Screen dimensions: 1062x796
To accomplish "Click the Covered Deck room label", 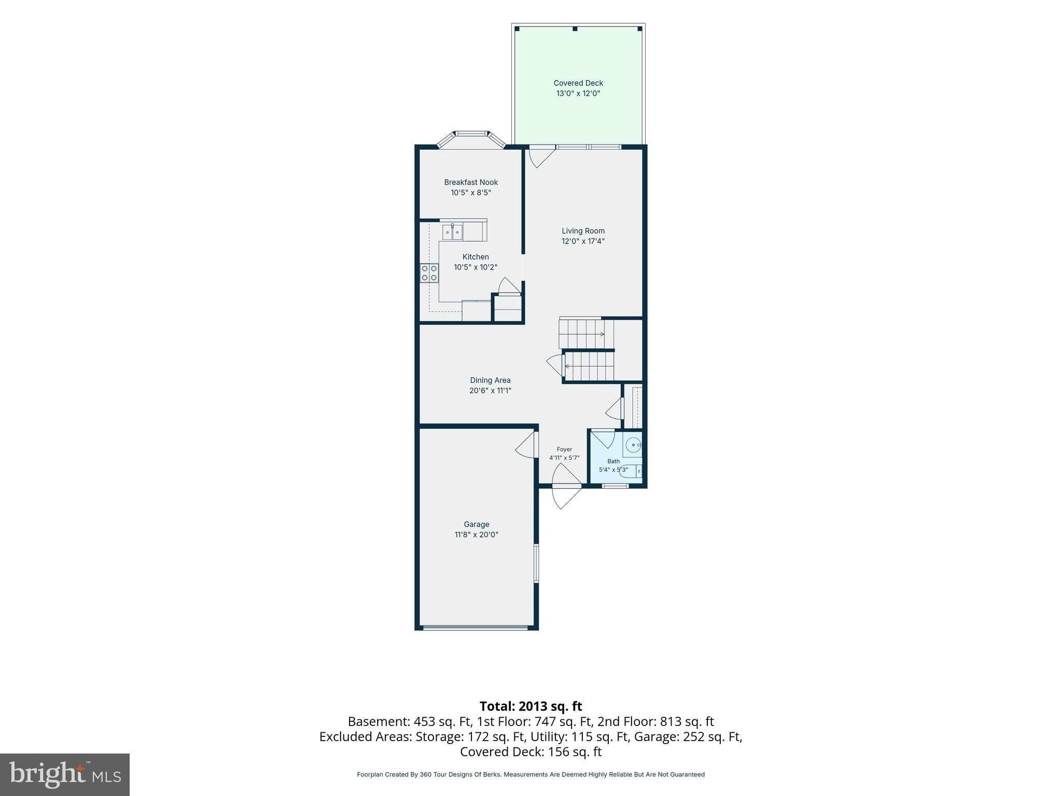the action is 578,83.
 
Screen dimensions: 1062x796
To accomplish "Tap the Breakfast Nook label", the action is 471,182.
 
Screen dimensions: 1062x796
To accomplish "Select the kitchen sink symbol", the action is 452,232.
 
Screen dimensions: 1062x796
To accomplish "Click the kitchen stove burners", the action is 429,273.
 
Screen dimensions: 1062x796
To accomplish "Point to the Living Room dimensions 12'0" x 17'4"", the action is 583,241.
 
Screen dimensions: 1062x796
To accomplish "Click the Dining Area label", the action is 491,380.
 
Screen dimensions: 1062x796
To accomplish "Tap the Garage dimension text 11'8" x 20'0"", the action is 477,534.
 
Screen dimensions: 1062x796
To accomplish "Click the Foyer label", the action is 564,449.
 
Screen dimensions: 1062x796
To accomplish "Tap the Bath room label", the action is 613,461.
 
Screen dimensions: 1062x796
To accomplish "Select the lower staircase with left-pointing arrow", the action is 589,366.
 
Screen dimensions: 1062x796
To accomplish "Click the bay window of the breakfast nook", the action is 471,140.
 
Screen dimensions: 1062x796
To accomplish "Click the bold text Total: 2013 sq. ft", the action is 530,706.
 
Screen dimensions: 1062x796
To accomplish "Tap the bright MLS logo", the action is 65,774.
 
